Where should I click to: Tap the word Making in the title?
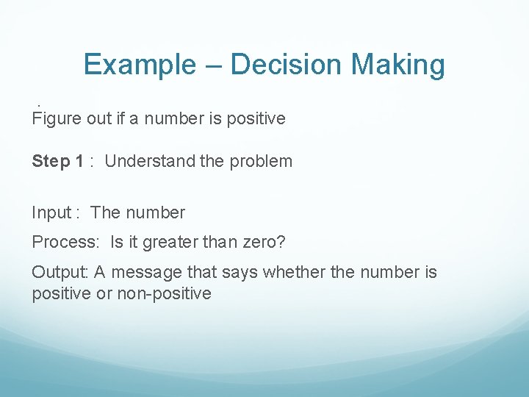click(x=397, y=65)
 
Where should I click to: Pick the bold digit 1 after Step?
click(x=79, y=161)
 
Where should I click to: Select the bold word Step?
click(x=51, y=161)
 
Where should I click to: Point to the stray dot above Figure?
click(x=37, y=104)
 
